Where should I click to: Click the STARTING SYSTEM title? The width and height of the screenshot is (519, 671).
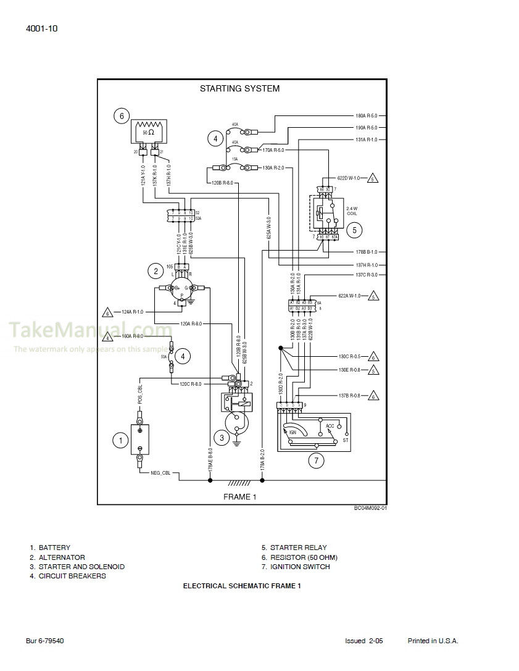239,89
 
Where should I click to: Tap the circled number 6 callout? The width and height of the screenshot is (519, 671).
122,115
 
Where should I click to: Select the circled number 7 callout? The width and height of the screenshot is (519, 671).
316,460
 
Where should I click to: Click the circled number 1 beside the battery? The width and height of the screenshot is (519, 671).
120,440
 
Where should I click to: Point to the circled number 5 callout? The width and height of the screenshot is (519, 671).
354,230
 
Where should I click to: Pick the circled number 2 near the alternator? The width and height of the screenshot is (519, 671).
156,270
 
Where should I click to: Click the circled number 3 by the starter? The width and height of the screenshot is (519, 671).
220,438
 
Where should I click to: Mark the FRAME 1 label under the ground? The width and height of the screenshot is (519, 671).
239,497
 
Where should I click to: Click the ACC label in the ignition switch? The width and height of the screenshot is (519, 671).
330,426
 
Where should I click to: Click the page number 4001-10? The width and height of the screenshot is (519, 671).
43,28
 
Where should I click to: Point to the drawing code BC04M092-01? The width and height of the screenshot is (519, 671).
370,508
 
